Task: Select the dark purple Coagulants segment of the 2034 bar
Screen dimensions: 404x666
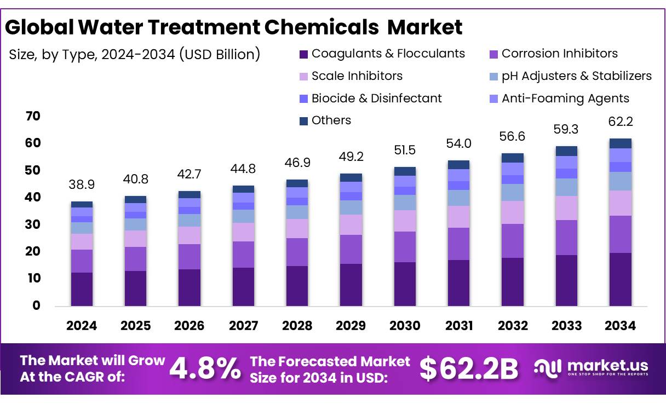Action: click(x=620, y=279)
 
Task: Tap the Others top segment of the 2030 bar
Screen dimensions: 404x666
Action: click(x=405, y=171)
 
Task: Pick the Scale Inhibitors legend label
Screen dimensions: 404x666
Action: click(x=357, y=76)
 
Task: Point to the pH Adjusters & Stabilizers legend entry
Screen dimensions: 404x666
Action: click(x=576, y=76)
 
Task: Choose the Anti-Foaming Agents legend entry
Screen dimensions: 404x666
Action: click(x=565, y=99)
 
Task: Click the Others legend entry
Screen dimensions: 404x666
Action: click(x=331, y=120)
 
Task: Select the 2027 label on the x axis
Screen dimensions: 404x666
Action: click(x=243, y=326)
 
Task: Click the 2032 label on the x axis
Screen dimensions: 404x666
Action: click(x=513, y=326)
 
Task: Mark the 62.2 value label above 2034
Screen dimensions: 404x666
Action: click(x=620, y=122)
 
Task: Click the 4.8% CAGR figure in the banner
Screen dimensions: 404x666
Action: click(x=205, y=368)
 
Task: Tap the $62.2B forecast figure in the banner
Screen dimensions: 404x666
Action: click(x=469, y=368)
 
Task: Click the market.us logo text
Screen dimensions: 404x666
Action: click(x=608, y=366)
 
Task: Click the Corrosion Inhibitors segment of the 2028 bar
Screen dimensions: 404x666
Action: click(x=297, y=252)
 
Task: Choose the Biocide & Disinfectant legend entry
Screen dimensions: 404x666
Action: click(x=376, y=99)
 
